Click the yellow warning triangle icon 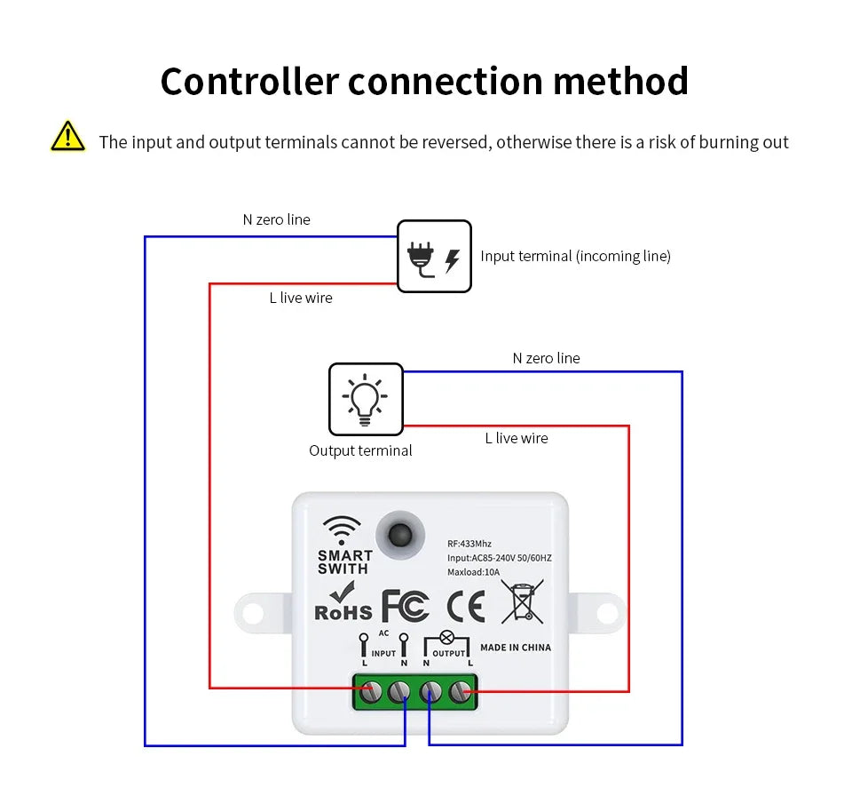pos(67,137)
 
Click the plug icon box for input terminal pos(434,257)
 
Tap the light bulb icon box pos(366,399)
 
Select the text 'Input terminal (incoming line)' pos(575,256)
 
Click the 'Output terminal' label pos(360,450)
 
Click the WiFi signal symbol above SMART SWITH pos(342,530)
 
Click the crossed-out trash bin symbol pos(522,601)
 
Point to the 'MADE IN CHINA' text pos(516,648)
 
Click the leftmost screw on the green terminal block pos(369,689)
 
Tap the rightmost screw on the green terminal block pos(460,689)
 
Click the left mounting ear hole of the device pos(252,612)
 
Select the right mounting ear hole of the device pos(607,612)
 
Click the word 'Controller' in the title pos(249,81)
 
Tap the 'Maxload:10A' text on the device pos(474,572)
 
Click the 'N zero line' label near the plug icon pos(277,219)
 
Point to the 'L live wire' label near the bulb pos(517,438)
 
